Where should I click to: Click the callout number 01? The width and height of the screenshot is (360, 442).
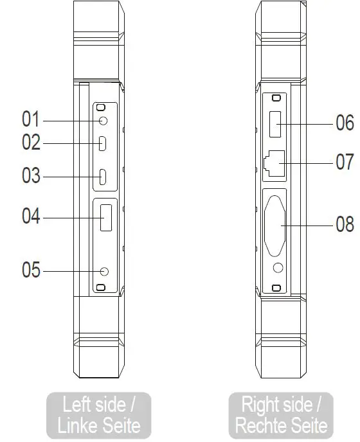(31, 119)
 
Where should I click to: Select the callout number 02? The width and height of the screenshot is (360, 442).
(31, 142)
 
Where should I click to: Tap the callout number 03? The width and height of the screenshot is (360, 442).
(31, 175)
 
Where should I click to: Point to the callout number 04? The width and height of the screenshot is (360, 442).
(31, 217)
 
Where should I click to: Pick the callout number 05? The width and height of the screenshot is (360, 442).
(31, 270)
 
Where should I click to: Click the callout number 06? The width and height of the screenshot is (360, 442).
(345, 123)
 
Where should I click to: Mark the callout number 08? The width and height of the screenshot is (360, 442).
(345, 224)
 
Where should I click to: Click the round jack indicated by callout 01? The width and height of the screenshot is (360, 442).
(103, 119)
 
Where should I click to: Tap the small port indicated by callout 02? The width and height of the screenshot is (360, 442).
(103, 143)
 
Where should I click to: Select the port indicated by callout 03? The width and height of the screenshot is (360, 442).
(103, 176)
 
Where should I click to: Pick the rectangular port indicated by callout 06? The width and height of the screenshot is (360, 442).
(274, 123)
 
